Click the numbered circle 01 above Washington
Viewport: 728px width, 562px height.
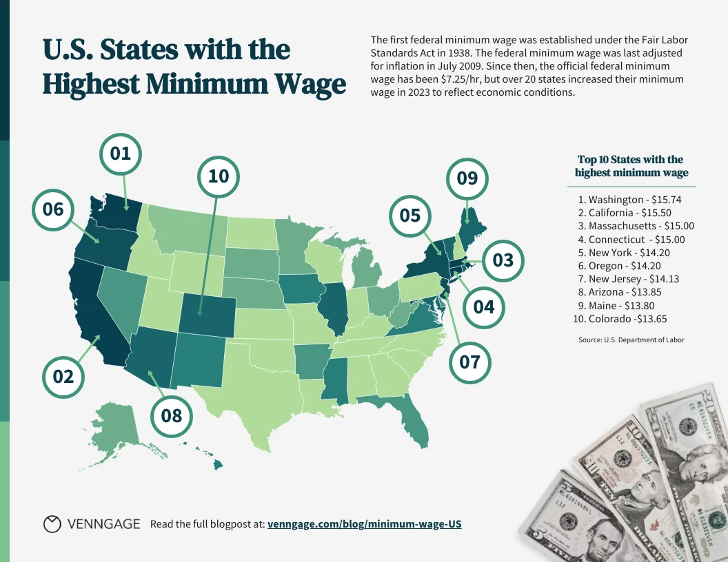click(x=121, y=154)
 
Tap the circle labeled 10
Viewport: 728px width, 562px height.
click(x=219, y=176)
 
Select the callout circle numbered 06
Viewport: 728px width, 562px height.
click(x=54, y=209)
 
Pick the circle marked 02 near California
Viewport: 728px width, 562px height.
click(x=63, y=376)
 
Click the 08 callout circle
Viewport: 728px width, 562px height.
click(x=172, y=415)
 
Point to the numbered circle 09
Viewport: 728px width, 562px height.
click(x=467, y=178)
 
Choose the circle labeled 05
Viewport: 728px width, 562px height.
click(x=410, y=216)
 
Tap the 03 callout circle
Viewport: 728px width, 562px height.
click(x=503, y=260)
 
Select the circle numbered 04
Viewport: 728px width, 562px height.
click(x=484, y=306)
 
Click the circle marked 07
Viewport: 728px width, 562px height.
click(x=469, y=361)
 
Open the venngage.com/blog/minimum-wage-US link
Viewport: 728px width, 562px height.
click(x=364, y=524)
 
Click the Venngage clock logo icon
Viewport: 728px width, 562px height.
click(x=52, y=524)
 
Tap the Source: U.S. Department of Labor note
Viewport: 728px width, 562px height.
click(x=631, y=340)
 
